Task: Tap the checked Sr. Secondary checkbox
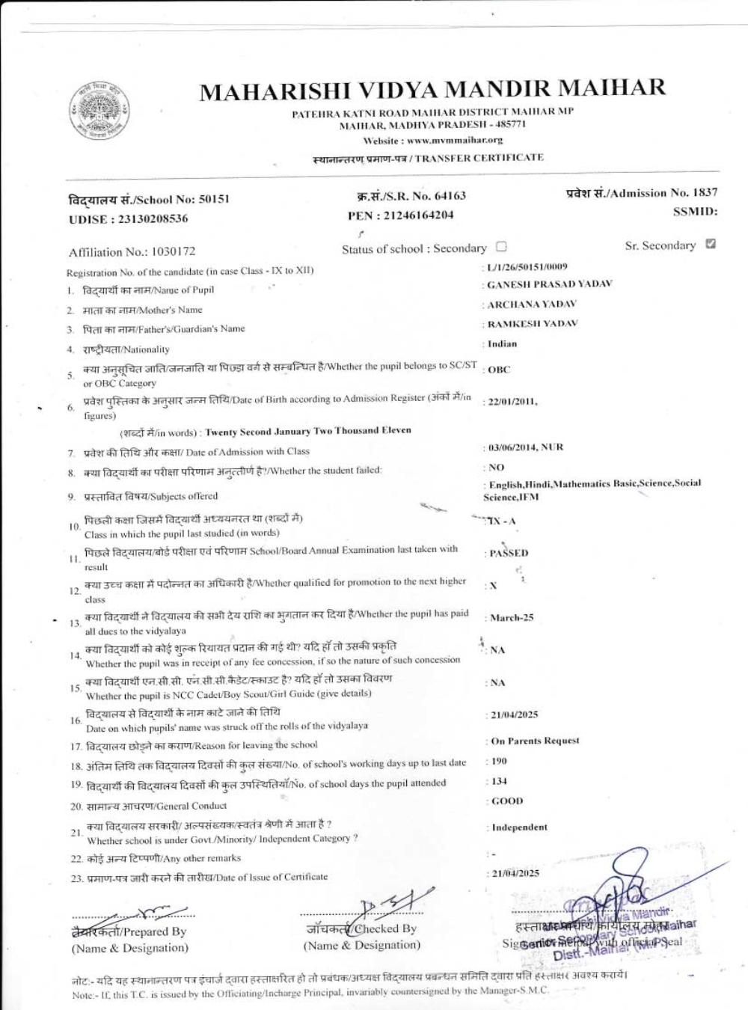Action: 710,244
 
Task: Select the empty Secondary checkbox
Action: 501,247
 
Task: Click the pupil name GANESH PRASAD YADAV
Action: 550,284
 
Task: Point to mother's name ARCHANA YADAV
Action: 532,304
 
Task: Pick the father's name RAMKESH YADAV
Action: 533,324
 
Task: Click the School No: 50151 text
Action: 149,199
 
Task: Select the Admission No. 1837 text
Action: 642,193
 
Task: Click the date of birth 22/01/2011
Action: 512,402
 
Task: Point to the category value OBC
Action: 499,370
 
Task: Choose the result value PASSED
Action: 509,554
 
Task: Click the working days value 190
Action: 499,761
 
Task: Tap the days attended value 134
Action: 499,781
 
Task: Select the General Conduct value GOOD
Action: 507,801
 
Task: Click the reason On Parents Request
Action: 535,741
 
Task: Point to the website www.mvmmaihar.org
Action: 432,140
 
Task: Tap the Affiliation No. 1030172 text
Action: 132,251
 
